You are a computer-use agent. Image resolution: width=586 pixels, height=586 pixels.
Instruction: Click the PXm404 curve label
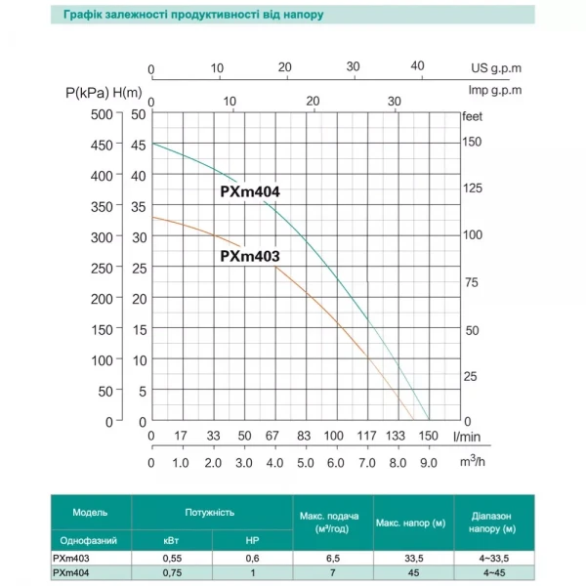tap(250, 192)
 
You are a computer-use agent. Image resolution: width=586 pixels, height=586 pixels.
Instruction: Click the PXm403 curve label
tap(250, 257)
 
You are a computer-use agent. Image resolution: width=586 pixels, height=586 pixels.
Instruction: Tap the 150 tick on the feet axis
tap(473, 143)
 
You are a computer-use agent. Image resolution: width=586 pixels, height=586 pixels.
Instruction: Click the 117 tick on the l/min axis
tap(365, 436)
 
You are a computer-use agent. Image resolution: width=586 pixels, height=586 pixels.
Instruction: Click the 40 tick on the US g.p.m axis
tap(418, 66)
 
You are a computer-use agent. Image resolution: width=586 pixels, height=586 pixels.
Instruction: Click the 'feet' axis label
tap(472, 114)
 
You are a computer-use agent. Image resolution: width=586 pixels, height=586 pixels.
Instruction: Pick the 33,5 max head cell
tap(409, 557)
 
